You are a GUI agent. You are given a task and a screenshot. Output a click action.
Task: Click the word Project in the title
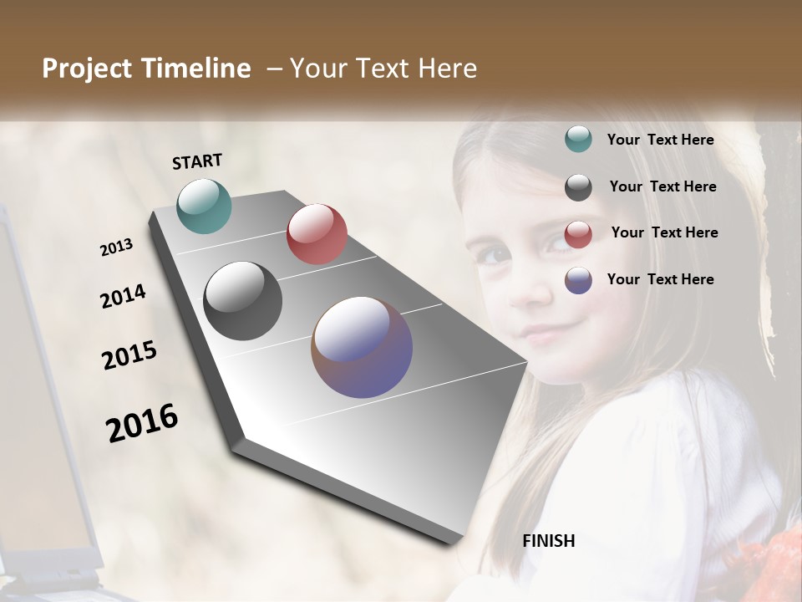coord(87,69)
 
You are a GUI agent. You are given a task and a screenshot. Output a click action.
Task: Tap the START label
coord(197,161)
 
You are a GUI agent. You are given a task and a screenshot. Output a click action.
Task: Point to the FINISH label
coord(549,541)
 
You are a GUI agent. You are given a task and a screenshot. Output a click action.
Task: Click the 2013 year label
coord(117,247)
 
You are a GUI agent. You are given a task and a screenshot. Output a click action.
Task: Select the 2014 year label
coord(124,297)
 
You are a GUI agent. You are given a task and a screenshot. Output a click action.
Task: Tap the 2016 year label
coord(142,422)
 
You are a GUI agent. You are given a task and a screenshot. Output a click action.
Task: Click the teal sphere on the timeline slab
coord(205,206)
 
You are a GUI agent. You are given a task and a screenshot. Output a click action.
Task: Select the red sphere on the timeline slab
coord(317,233)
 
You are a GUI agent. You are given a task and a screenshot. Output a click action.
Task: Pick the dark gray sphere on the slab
coord(243,301)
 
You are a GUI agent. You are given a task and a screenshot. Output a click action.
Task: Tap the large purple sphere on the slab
coord(362,347)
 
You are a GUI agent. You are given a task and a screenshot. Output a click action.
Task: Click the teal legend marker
coord(578,139)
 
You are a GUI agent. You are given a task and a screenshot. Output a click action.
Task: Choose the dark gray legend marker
coord(578,187)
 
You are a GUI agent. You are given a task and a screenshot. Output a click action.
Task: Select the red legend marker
coord(578,234)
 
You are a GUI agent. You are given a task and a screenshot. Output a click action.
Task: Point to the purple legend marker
coord(578,280)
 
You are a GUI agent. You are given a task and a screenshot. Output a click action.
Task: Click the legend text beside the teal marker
coord(661,140)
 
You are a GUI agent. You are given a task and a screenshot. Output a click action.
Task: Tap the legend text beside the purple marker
coord(661,279)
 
